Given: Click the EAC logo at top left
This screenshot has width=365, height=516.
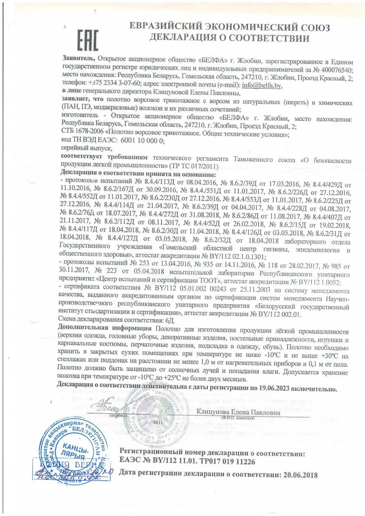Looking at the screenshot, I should (x=87, y=40).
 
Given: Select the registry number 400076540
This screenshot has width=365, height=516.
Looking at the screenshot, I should (x=335, y=70).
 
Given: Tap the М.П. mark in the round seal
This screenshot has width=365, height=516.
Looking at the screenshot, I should (x=158, y=422).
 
